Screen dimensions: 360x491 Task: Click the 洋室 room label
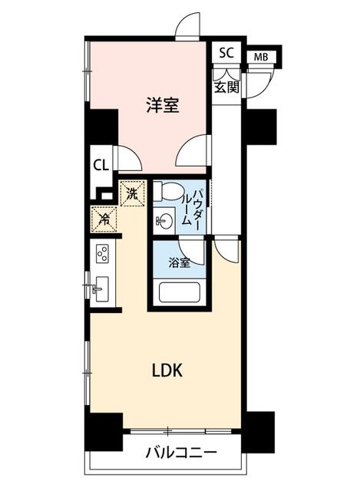tap(163, 105)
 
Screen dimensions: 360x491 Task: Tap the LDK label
tap(167, 371)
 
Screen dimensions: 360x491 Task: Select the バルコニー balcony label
tap(181, 453)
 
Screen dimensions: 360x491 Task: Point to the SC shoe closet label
tap(226, 53)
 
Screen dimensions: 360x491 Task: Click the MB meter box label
tap(261, 57)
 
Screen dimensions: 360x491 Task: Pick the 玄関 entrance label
tap(226, 87)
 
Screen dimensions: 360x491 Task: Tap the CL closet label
tap(101, 165)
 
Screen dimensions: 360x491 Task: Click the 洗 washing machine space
tap(133, 193)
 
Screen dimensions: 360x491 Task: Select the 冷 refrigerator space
tap(104, 219)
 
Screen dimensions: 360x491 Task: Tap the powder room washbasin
tap(163, 221)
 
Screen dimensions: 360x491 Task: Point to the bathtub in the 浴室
tap(179, 292)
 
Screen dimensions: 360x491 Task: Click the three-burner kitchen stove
tap(103, 253)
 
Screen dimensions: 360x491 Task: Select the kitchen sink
tap(101, 288)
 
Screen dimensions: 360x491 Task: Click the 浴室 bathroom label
tap(179, 263)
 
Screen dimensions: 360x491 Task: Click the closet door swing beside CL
tap(128, 158)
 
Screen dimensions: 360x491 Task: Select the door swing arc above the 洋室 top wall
tap(187, 26)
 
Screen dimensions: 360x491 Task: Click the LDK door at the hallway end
tap(226, 252)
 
